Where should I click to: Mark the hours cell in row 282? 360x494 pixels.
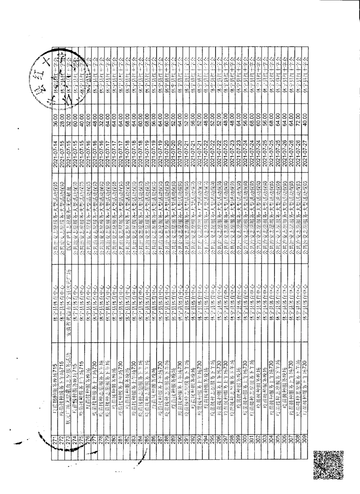coord(127,109)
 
